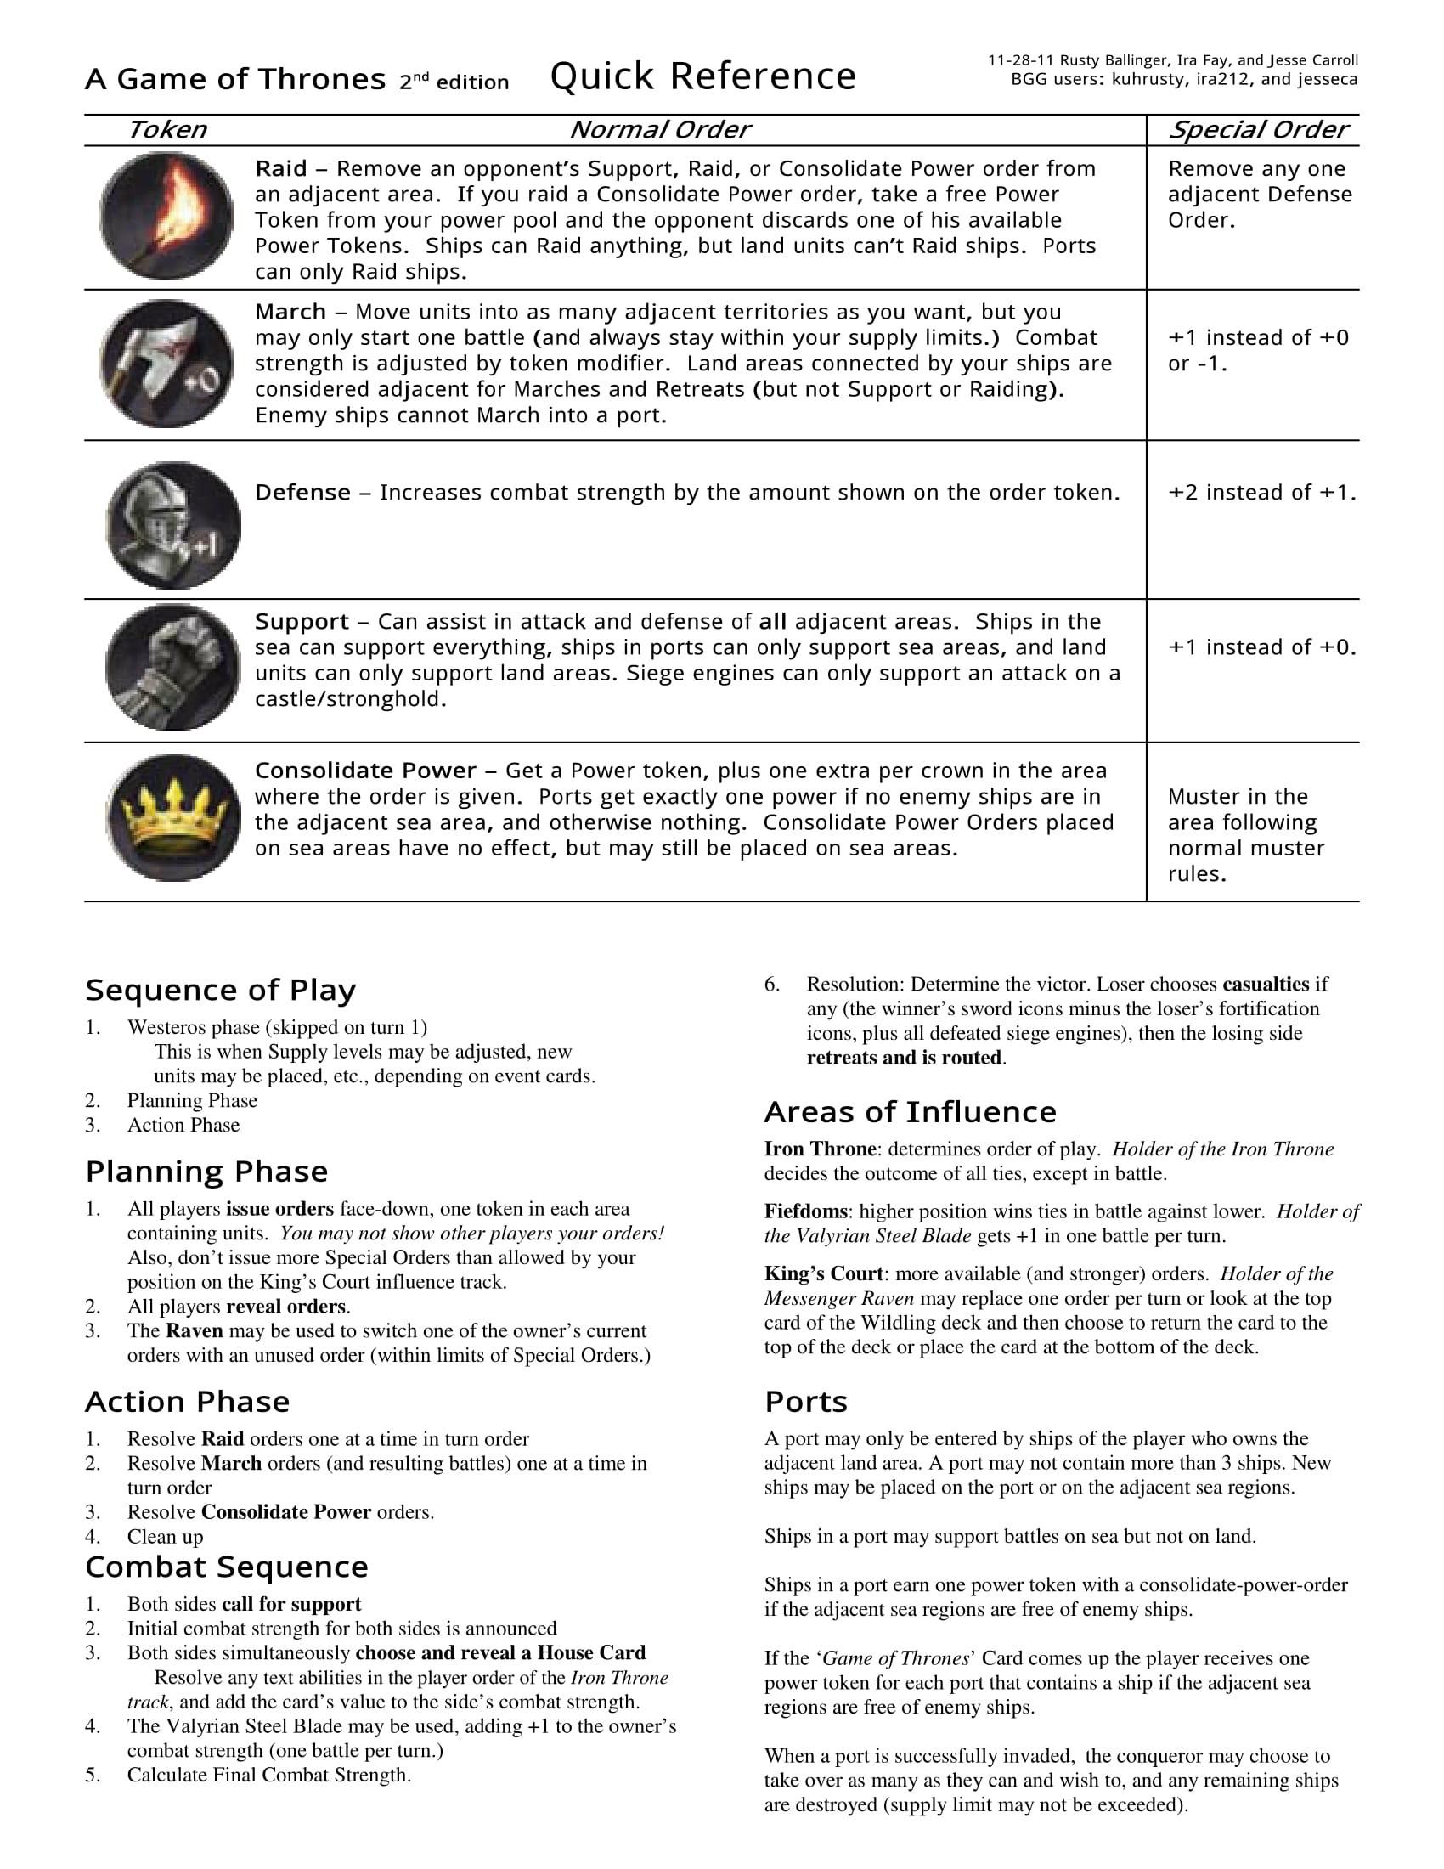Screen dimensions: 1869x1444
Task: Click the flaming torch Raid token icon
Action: click(166, 216)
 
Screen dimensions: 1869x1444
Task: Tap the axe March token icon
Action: click(166, 364)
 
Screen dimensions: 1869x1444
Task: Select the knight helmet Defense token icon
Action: click(172, 525)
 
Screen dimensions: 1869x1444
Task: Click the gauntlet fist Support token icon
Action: click(172, 668)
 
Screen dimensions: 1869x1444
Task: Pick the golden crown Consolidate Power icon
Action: click(172, 817)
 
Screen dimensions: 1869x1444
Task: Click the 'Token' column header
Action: click(166, 130)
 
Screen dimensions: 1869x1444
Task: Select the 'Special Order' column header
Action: click(1256, 130)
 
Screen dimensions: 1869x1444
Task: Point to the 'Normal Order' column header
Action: click(658, 130)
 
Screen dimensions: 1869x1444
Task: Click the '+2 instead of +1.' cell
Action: click(1261, 493)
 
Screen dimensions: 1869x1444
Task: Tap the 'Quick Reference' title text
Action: click(702, 77)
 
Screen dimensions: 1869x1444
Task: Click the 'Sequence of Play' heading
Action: click(220, 990)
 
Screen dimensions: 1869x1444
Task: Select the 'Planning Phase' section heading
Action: click(206, 1172)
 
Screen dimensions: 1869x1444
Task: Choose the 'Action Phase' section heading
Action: click(188, 1402)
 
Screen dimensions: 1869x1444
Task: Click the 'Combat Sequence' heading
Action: click(227, 1567)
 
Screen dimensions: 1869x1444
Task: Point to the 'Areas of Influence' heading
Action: click(911, 1112)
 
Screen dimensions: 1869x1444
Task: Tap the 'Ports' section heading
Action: click(806, 1402)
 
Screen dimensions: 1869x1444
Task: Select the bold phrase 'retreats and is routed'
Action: click(905, 1058)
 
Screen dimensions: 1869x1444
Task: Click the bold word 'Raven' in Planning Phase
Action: click(195, 1330)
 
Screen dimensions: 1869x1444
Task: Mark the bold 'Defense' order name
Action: click(303, 493)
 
